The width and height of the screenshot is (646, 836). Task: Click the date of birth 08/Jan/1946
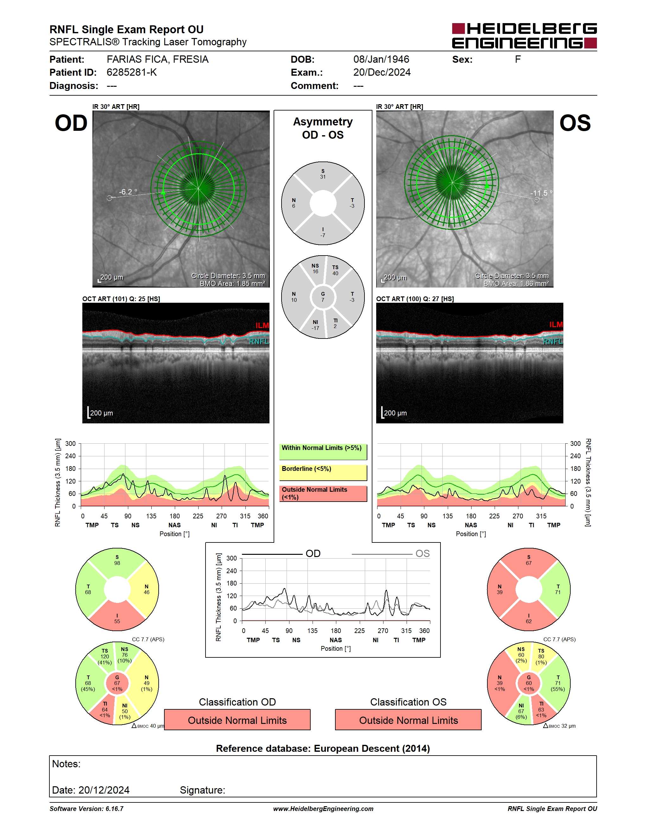381,59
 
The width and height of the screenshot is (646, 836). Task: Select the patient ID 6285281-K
132,72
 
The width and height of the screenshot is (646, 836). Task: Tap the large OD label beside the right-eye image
71,123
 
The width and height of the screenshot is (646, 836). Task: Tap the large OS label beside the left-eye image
575,123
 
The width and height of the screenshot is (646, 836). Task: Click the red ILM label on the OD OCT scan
262,325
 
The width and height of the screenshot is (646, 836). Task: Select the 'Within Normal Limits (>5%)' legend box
323,452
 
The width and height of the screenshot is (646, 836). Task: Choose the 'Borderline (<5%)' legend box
323,473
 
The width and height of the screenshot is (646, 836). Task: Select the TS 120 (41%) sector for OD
104,657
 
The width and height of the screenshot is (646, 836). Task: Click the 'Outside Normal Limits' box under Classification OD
237,720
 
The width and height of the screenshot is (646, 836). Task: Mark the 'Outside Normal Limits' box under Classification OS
408,720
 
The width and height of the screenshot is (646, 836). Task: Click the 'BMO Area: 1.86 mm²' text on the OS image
516,284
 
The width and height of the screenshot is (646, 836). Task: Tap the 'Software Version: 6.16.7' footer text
86,809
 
